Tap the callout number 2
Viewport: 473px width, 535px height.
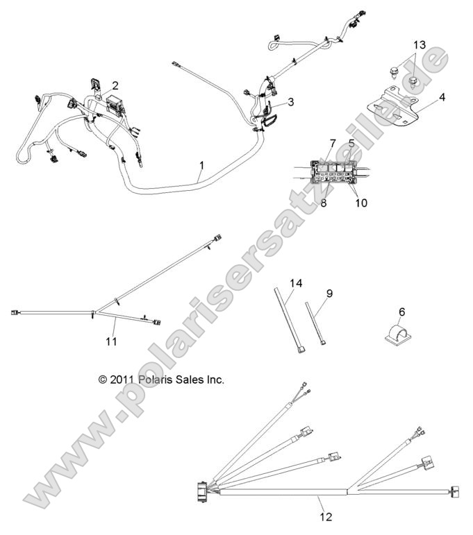coord(115,86)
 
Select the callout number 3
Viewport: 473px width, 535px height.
coord(290,101)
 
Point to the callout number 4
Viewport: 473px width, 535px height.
coord(442,96)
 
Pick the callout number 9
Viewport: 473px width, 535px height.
coord(329,294)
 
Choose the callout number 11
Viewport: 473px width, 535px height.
coord(111,341)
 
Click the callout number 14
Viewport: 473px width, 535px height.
coord(297,282)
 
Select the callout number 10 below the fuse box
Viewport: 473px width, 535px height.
coord(362,203)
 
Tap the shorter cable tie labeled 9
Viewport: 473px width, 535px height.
coord(317,322)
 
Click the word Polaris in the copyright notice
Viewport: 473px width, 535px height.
coord(166,380)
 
